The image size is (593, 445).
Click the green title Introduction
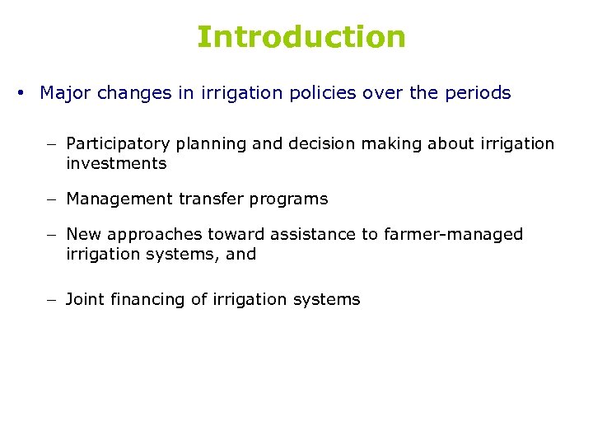pos(301,37)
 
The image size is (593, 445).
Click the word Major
pos(65,93)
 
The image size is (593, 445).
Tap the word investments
pos(116,163)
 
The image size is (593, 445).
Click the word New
pos(82,235)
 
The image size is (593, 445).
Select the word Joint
pos(84,299)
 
